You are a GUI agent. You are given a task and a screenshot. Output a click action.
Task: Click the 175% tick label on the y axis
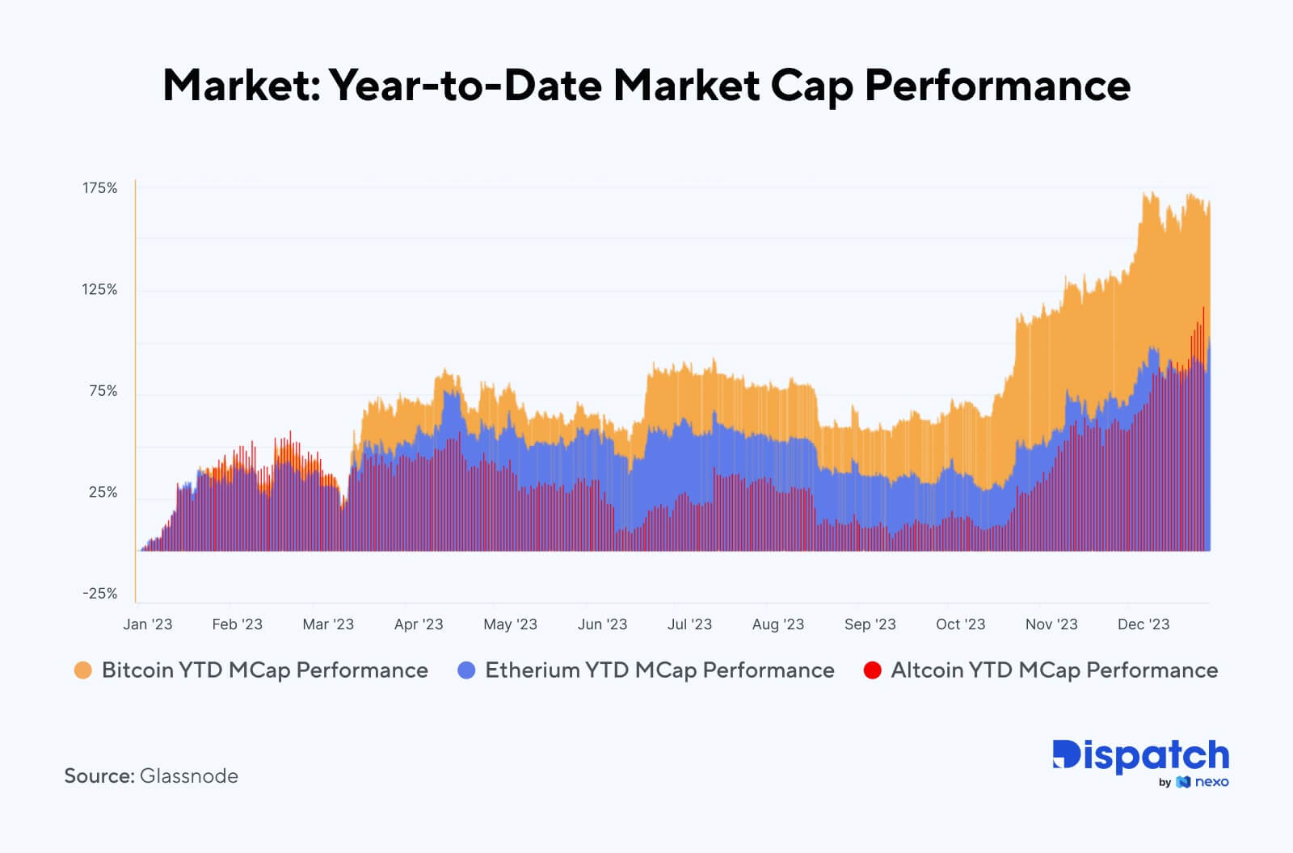click(x=99, y=188)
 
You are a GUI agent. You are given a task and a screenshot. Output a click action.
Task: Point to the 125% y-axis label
click(x=99, y=289)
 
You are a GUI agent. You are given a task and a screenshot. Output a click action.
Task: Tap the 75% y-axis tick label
click(x=103, y=391)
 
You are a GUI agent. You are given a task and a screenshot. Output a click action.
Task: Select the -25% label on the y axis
click(x=99, y=594)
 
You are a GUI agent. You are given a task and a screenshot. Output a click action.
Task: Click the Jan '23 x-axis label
click(x=147, y=624)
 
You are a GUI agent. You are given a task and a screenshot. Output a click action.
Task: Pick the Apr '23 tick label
click(x=418, y=624)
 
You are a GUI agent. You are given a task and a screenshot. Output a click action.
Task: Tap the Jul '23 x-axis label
click(x=689, y=624)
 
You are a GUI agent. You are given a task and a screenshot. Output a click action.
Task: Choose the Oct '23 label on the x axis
click(x=960, y=624)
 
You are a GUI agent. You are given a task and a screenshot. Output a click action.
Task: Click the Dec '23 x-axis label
click(x=1143, y=624)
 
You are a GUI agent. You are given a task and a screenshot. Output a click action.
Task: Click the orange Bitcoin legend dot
click(x=82, y=670)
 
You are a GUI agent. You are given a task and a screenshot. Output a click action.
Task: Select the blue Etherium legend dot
click(x=466, y=670)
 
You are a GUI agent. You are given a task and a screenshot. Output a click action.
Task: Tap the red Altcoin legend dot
click(x=872, y=670)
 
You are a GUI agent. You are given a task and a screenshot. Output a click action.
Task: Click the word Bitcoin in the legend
click(x=137, y=670)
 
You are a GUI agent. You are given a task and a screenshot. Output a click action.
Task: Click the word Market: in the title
click(x=242, y=85)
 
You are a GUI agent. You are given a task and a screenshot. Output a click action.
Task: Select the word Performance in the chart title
click(x=997, y=86)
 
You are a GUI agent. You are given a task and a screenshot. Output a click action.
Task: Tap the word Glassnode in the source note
click(x=189, y=776)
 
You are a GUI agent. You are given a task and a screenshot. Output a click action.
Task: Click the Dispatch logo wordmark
click(x=1140, y=756)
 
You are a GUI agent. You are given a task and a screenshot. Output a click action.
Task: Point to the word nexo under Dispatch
click(x=1211, y=782)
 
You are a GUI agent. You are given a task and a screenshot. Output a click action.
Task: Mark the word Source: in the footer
click(x=99, y=776)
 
